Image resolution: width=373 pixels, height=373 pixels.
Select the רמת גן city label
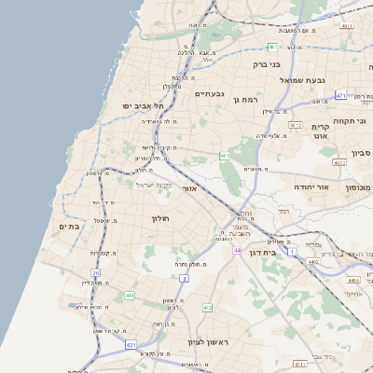pos(245,99)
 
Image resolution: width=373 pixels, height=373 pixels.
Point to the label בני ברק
pos(267,65)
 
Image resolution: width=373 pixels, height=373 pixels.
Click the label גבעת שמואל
pos(302,80)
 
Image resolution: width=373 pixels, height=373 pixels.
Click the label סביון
pos(362,152)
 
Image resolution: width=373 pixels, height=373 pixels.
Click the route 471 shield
pos(341,95)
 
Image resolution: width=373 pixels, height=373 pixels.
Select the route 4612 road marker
pos(296,124)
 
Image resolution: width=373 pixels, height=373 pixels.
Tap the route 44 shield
pos(238,250)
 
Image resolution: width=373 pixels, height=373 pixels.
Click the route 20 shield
pos(96,272)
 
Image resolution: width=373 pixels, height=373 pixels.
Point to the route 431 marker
pos(131,344)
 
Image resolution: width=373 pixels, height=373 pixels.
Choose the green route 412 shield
pos(207,308)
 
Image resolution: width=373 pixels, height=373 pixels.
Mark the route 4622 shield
pos(339,163)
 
